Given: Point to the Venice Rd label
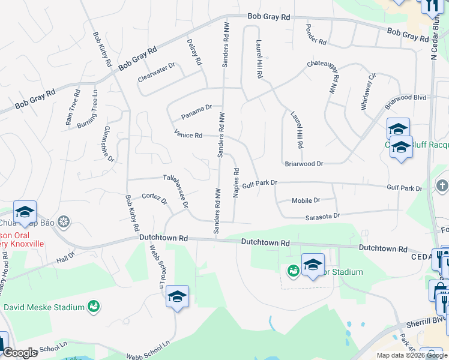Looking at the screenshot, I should [x=188, y=134].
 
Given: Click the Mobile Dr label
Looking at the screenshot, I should [x=306, y=200].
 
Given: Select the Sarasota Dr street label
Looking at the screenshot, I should [x=322, y=215].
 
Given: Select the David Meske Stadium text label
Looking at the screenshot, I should [x=43, y=308].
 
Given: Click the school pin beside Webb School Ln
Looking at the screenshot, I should [x=177, y=297].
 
